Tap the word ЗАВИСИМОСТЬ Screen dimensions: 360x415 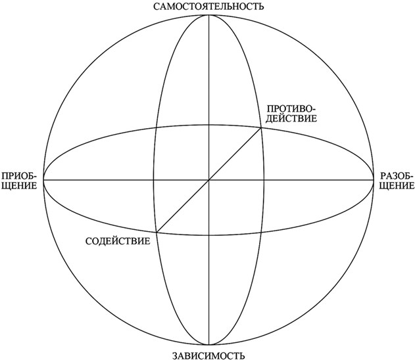[x=208, y=355]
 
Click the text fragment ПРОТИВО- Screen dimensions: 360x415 [x=292, y=108]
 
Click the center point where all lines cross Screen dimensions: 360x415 [x=209, y=179]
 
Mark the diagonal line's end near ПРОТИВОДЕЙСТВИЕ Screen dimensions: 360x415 [x=262, y=127]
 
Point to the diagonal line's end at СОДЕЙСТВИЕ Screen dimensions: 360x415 [x=157, y=231]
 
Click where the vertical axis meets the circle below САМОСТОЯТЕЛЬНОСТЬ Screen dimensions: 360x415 [x=209, y=14]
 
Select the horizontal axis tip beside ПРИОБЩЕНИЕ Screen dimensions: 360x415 [x=43, y=179]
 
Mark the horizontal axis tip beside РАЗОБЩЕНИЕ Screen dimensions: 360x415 [x=375, y=179]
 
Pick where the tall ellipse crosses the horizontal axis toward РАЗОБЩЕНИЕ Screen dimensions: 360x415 [x=265, y=179]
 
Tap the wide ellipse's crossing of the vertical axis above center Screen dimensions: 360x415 [x=209, y=123]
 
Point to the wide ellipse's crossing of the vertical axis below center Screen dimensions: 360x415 [x=209, y=235]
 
